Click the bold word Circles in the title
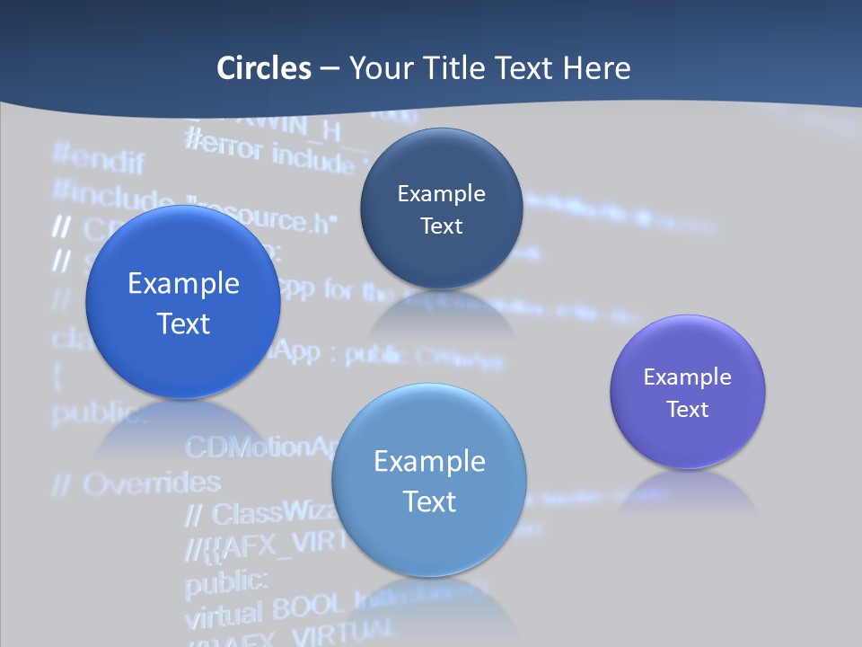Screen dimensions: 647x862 (x=264, y=67)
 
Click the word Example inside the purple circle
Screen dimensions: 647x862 (x=688, y=377)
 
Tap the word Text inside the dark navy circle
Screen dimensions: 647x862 (x=441, y=226)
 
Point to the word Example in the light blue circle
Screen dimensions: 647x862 (x=429, y=461)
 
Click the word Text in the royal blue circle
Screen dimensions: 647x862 (x=183, y=323)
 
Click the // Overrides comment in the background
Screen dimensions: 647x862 (x=136, y=483)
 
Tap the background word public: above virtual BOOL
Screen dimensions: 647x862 (x=226, y=582)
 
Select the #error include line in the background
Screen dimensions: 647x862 (x=269, y=151)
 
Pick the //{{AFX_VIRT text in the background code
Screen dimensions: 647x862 (x=260, y=545)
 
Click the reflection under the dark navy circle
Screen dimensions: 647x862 (x=441, y=315)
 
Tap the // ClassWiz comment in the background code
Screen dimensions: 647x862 (x=260, y=513)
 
